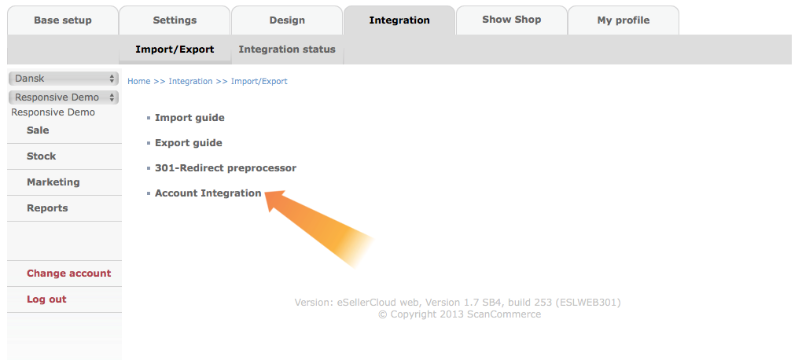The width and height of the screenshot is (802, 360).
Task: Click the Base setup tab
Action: point(62,20)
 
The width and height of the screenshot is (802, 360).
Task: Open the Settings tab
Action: point(175,20)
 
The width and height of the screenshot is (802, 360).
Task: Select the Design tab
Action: point(287,20)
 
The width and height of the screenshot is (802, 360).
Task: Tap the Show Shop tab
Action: point(512,20)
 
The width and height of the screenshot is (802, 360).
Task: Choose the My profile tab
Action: point(624,20)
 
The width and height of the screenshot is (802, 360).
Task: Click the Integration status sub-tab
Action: point(287,50)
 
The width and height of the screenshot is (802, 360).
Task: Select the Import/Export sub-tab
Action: point(175,50)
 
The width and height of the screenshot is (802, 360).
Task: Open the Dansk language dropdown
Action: point(64,79)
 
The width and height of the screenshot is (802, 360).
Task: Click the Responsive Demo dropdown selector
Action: point(64,97)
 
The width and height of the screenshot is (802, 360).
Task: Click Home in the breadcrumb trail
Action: point(138,81)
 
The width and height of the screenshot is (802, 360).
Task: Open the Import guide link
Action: point(189,118)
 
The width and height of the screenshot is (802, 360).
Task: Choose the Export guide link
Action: point(189,143)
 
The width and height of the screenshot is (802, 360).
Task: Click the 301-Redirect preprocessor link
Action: point(226,167)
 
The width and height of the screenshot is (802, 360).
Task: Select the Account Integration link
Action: point(208,193)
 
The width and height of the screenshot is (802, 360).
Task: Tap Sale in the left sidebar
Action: point(38,130)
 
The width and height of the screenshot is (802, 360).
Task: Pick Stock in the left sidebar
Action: point(42,156)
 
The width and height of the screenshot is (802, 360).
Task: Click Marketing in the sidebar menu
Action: point(53,182)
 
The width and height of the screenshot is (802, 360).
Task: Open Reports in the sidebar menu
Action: point(47,208)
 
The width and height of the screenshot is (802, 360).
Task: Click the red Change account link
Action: point(69,274)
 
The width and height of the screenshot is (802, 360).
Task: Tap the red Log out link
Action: point(46,299)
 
